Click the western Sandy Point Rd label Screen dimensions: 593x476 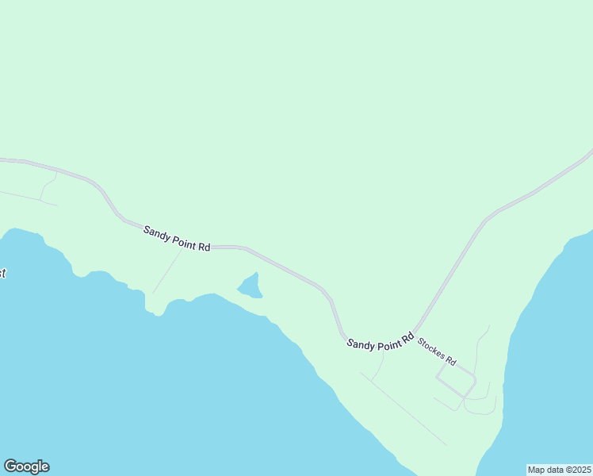click(x=177, y=239)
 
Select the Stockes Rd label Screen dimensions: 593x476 click(x=436, y=351)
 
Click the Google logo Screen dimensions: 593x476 click(x=26, y=466)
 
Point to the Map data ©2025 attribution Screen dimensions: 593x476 click(x=559, y=470)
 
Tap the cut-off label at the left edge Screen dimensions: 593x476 click(x=2, y=274)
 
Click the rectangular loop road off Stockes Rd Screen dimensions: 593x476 click(x=456, y=381)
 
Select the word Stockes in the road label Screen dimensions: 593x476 click(x=430, y=347)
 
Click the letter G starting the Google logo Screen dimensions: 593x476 click(x=10, y=466)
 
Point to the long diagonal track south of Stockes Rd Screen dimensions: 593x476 click(x=404, y=409)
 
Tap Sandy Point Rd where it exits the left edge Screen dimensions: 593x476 click(x=2, y=159)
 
